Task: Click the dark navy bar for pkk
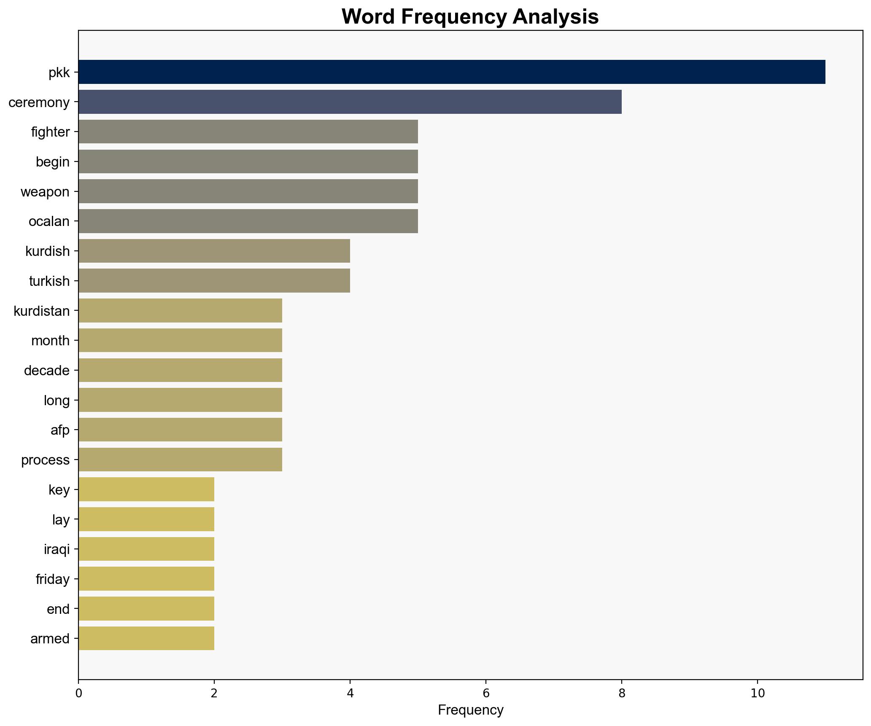coord(451,72)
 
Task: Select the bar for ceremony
coord(350,102)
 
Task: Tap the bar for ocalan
coord(248,221)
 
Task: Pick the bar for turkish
coord(214,281)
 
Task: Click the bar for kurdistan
coord(180,311)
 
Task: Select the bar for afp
coord(180,430)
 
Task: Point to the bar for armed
coord(146,638)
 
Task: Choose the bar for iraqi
coord(146,549)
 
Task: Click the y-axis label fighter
coord(50,132)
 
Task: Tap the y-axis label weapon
coord(45,192)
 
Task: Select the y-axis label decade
coord(47,371)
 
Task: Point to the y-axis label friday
coord(53,579)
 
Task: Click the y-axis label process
coord(46,460)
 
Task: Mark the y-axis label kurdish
coord(48,251)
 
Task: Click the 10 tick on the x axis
coord(758,693)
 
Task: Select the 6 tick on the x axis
coord(486,693)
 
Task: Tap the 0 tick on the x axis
coord(78,693)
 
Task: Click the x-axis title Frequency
coord(470,710)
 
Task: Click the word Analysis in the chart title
coord(555,17)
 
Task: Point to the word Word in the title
coord(368,17)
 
